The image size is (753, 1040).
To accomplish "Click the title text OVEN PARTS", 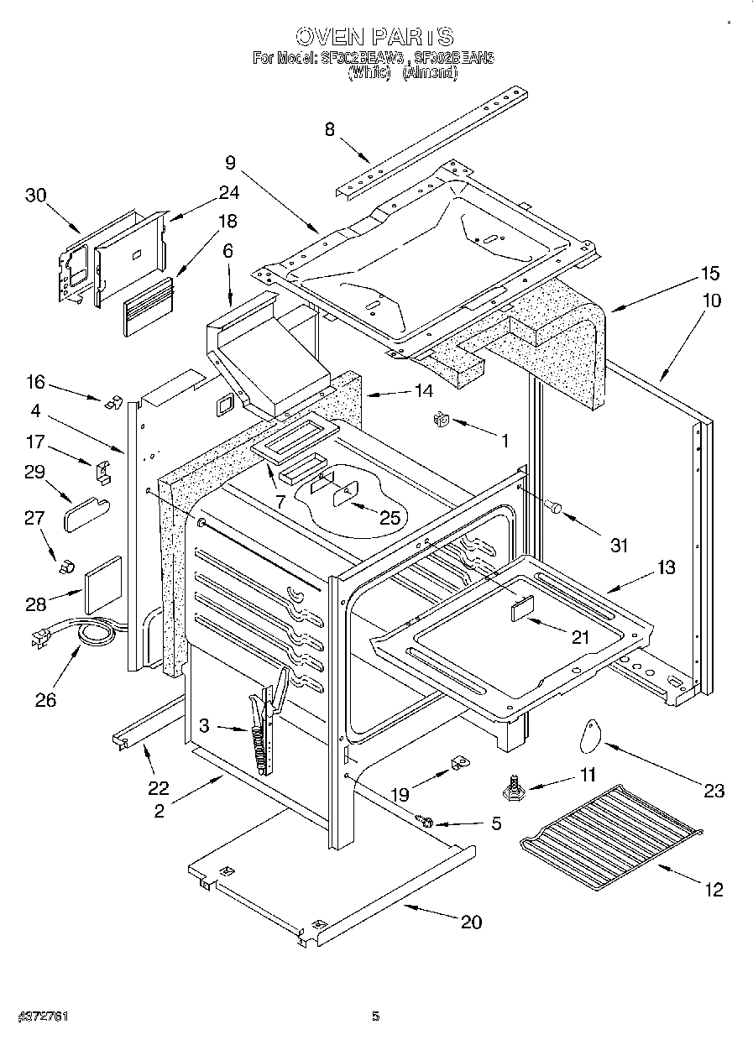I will [374, 36].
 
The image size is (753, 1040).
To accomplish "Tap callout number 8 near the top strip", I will [329, 128].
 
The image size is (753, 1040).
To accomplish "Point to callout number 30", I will [35, 196].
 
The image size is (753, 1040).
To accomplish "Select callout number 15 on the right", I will [710, 274].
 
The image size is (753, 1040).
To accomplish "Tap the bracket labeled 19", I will [458, 762].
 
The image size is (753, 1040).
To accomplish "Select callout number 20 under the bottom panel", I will [471, 922].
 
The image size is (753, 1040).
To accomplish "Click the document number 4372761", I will [35, 1016].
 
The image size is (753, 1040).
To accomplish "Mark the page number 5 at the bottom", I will [376, 1016].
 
